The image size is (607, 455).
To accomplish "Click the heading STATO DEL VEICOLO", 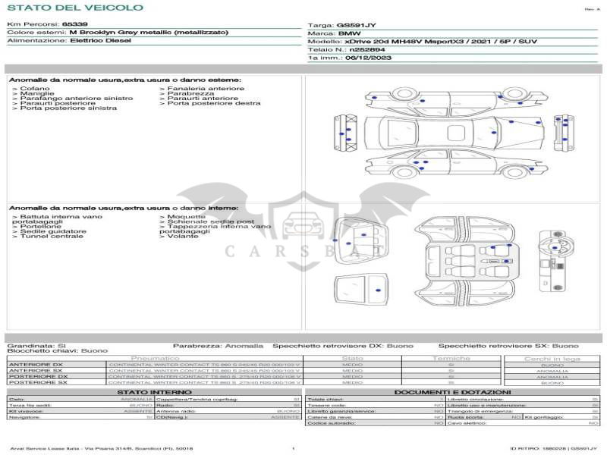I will (74, 8).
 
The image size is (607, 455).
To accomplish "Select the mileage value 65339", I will (74, 25).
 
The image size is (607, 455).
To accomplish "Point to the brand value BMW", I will (349, 33).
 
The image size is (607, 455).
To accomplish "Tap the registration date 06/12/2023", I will (368, 57).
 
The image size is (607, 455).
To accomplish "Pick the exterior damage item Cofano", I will (36, 89).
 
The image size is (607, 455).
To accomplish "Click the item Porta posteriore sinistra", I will (68, 108).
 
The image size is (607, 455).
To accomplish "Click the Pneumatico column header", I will (155, 358).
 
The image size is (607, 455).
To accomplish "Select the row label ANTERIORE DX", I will (36, 365).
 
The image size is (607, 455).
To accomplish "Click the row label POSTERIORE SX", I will (37, 383).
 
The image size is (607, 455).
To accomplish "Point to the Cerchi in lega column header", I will (552, 358).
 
